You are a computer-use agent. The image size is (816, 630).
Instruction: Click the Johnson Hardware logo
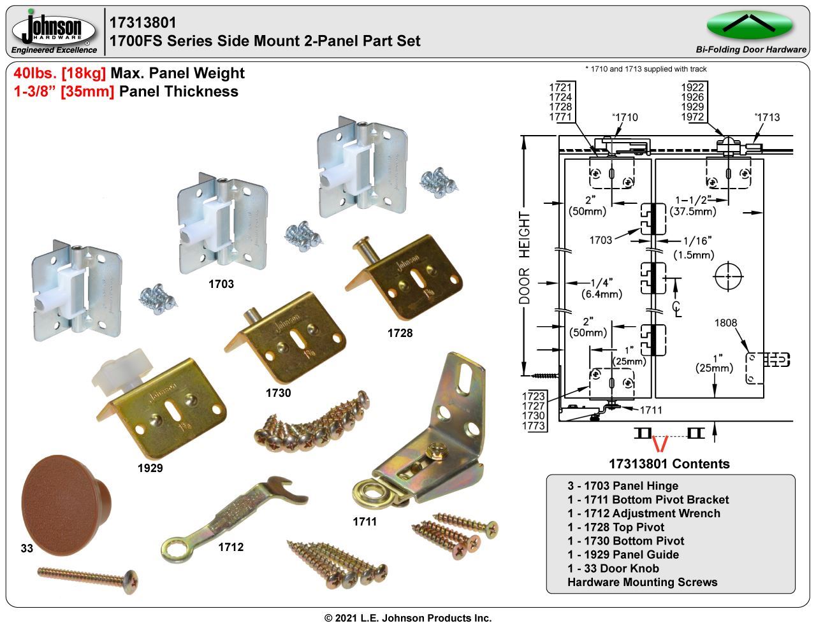[54, 31]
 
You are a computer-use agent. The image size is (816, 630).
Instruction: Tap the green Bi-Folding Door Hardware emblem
[749, 25]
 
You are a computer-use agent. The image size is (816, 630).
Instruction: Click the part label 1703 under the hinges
[221, 284]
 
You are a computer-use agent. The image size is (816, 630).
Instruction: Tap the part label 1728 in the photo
[400, 333]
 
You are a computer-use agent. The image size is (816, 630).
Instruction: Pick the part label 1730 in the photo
[278, 393]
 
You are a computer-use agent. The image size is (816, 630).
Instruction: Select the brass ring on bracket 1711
[369, 493]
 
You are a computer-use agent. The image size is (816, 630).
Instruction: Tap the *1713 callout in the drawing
[767, 117]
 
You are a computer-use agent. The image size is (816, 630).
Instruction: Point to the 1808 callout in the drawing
[725, 322]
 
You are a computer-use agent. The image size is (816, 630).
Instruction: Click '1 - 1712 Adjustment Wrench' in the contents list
[643, 513]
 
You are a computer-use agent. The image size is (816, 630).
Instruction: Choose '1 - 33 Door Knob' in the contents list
[613, 568]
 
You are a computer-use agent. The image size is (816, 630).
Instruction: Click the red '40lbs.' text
[35, 73]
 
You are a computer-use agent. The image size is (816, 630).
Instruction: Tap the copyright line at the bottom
[408, 618]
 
